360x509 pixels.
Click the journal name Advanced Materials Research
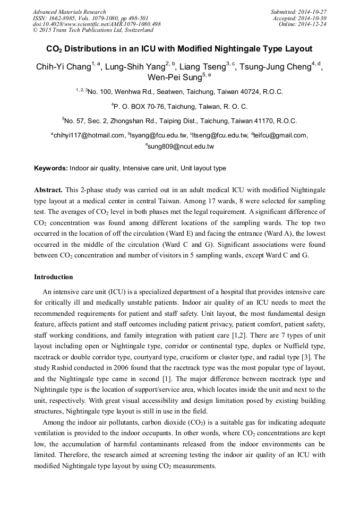click(69, 12)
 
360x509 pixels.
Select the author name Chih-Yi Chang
click(63, 67)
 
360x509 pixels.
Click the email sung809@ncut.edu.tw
click(181, 146)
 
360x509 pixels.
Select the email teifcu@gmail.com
click(280, 135)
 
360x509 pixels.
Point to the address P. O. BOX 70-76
click(147, 106)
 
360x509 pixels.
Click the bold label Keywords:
click(50, 168)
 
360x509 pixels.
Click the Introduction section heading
click(53, 277)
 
